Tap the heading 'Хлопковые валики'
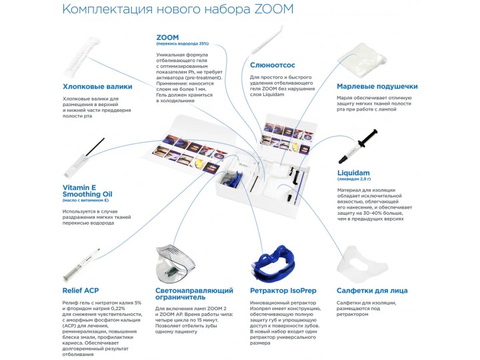tap(97, 87)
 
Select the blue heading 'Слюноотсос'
tap(274, 65)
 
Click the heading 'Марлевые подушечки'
tap(377, 87)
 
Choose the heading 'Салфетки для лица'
tap(371, 291)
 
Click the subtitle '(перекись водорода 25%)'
tap(182, 43)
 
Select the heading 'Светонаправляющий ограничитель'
tap(194, 295)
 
